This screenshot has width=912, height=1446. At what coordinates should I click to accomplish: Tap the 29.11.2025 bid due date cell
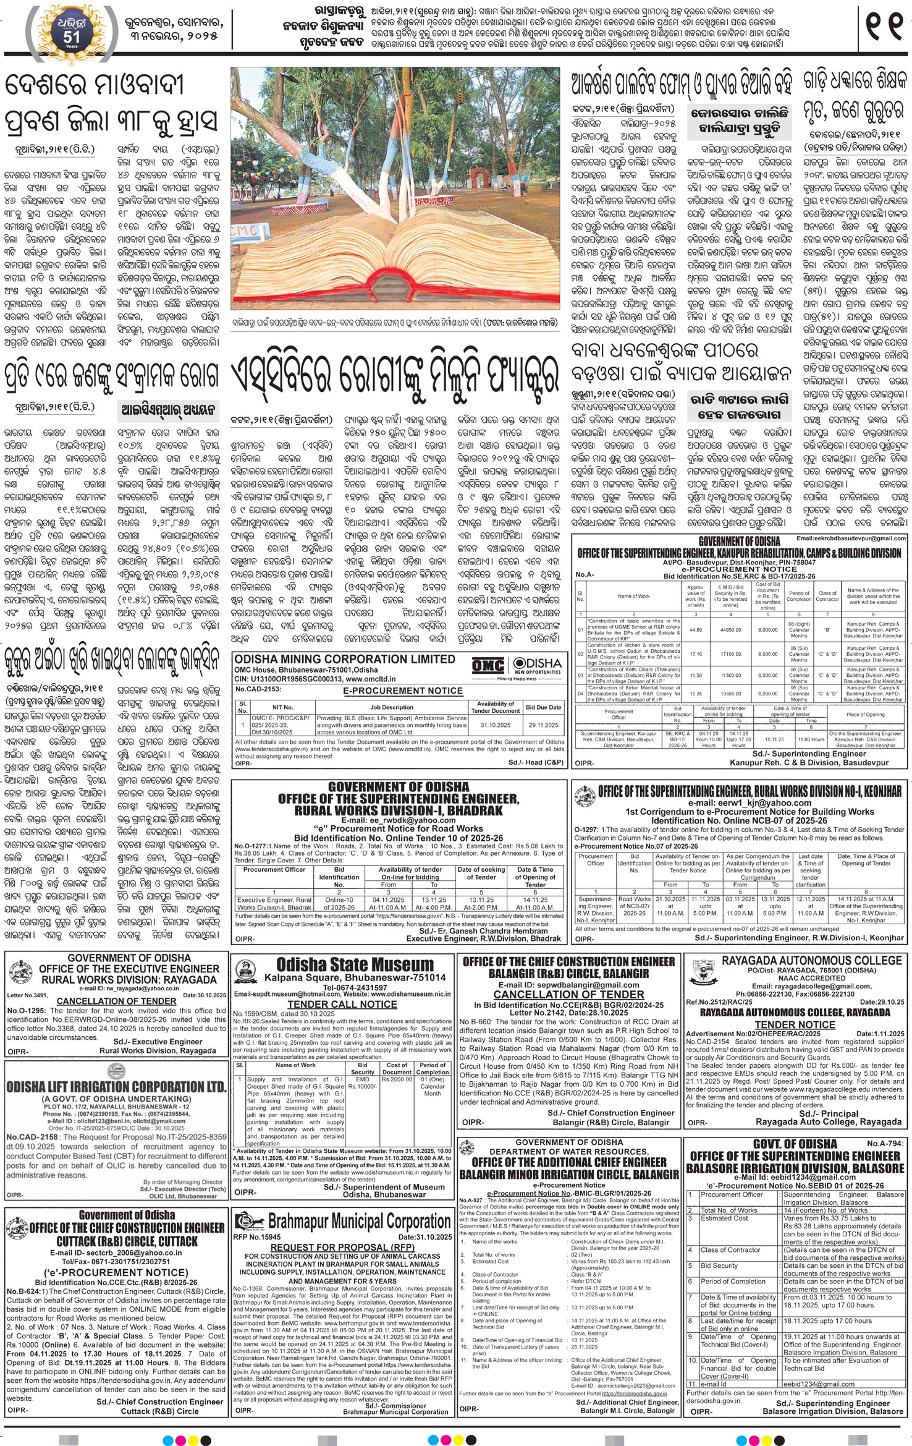543,725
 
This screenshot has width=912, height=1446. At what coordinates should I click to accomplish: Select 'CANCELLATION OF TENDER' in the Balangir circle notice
569,994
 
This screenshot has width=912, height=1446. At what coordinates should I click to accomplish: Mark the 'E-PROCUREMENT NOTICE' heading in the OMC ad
403,691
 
